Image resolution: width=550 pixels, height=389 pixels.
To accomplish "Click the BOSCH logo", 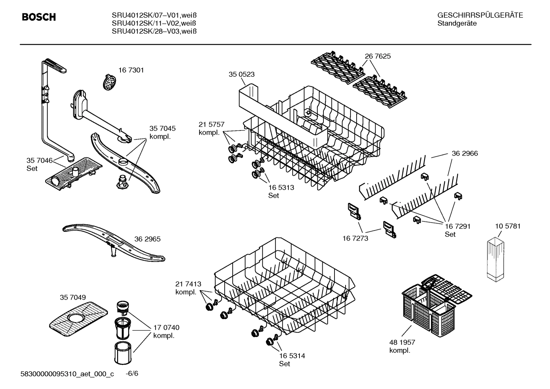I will pyautogui.click(x=39, y=17).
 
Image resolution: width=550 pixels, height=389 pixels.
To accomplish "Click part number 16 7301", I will pyautogui.click(x=131, y=70).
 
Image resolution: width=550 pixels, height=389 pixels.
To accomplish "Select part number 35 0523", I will pyautogui.click(x=241, y=74).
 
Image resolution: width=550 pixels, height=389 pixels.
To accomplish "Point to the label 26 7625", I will pyautogui.click(x=378, y=56).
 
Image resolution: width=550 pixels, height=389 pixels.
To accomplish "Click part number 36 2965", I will pyautogui.click(x=147, y=239).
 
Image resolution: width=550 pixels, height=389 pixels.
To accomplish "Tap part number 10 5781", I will pyautogui.click(x=508, y=226).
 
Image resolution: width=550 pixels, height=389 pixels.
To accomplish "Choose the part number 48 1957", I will pyautogui.click(x=402, y=342).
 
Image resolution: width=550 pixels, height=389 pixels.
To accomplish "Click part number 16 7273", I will pyautogui.click(x=355, y=238).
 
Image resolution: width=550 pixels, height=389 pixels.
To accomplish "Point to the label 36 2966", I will pyautogui.click(x=465, y=153).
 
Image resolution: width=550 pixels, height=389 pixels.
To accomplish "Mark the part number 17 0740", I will pyautogui.click(x=166, y=328).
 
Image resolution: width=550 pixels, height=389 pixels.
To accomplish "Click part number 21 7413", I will pyautogui.click(x=188, y=284).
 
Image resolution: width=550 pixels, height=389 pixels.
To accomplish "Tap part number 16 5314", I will pyautogui.click(x=292, y=356).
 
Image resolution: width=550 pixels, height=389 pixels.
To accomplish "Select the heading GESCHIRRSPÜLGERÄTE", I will pyautogui.click(x=480, y=15).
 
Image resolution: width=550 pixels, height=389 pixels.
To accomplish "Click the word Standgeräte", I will pyautogui.click(x=457, y=23).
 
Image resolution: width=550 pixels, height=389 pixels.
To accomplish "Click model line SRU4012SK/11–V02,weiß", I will pyautogui.click(x=154, y=23).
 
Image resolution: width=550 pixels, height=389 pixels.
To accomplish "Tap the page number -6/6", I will pyautogui.click(x=132, y=373).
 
